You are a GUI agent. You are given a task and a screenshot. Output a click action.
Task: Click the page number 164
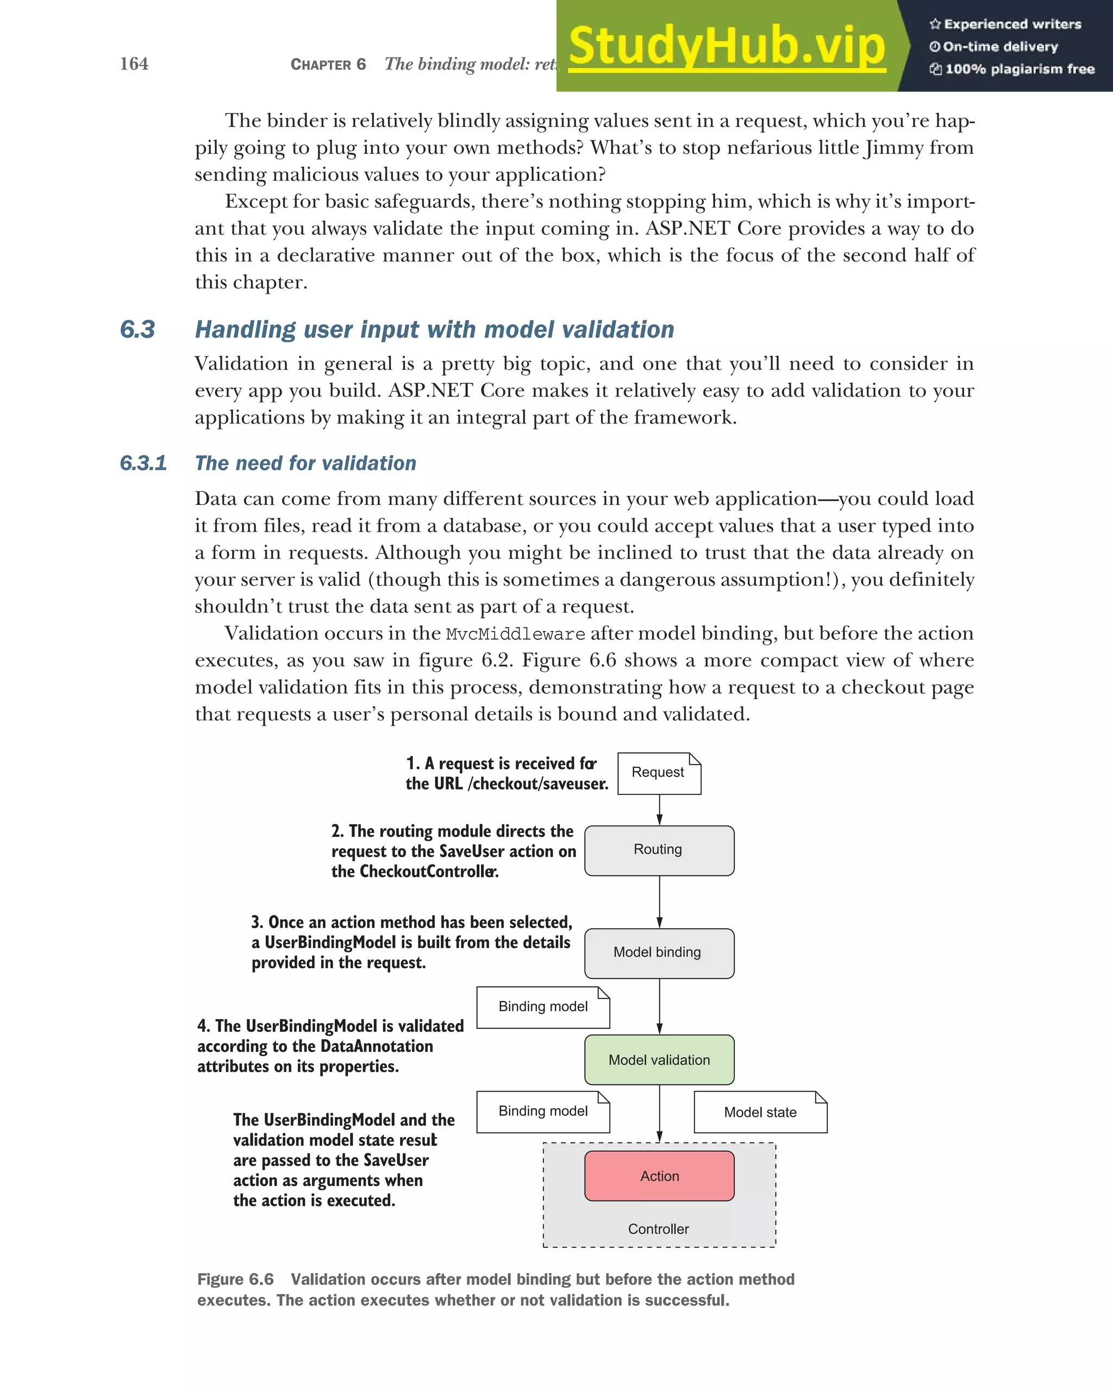coord(134,64)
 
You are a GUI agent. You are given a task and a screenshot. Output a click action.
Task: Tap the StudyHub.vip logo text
coord(727,47)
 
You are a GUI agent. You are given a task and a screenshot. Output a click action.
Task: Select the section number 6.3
coord(137,330)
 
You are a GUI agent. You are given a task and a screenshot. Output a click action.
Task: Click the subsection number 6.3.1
coord(143,463)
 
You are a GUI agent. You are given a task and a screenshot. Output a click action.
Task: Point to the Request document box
coord(659,773)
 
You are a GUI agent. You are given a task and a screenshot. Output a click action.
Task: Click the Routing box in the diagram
coord(659,850)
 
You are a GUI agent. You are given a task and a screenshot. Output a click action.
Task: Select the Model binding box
coord(659,952)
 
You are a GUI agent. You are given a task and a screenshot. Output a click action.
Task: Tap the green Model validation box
coord(659,1060)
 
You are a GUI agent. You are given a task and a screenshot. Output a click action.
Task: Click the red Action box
coord(659,1176)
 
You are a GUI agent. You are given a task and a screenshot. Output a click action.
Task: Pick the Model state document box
coord(760,1112)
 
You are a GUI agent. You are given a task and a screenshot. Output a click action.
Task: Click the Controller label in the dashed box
coord(659,1229)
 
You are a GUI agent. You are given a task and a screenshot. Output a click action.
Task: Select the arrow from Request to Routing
coord(659,810)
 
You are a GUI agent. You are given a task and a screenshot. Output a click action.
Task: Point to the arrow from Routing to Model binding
coord(659,902)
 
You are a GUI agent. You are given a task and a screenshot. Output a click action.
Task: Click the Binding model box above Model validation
coord(542,1007)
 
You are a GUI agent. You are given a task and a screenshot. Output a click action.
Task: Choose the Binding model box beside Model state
coord(542,1111)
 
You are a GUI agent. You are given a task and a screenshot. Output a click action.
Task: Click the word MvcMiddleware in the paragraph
coord(515,634)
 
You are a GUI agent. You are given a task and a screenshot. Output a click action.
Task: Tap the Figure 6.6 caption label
coord(235,1279)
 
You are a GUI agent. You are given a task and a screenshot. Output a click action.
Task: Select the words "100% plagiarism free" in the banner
coord(1020,69)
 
